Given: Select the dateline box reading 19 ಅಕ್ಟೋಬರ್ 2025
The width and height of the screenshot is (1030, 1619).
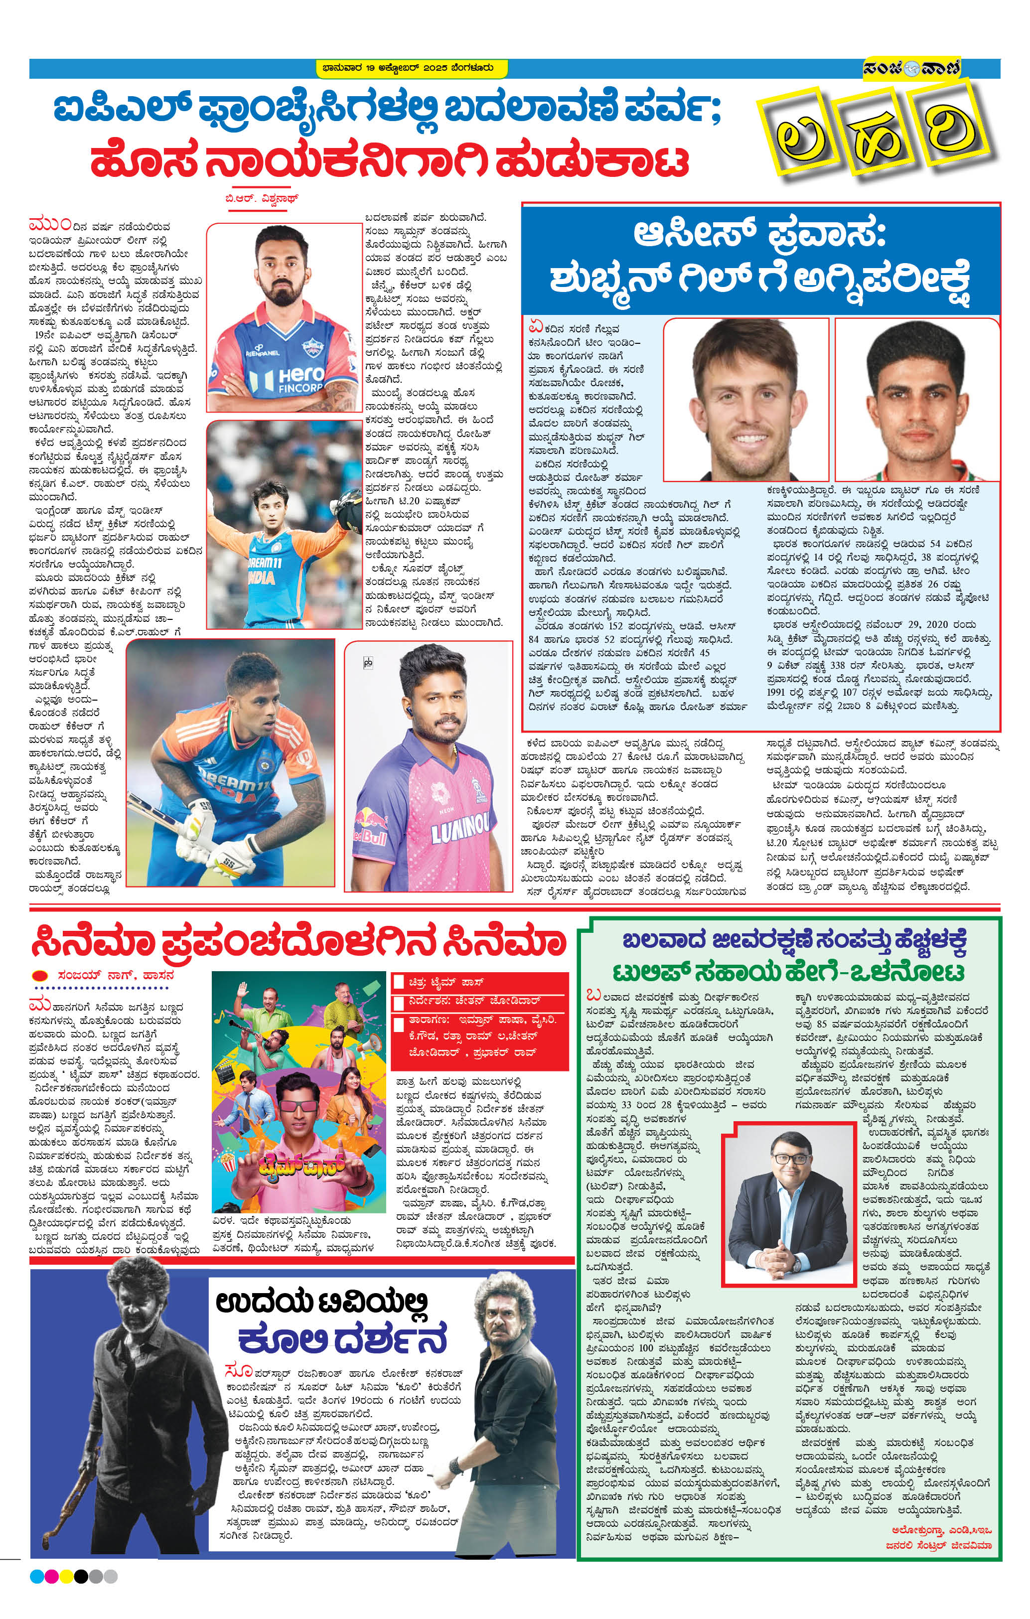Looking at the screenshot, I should coord(412,68).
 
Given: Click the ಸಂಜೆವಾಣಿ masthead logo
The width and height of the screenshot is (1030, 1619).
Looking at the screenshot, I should coord(912,67).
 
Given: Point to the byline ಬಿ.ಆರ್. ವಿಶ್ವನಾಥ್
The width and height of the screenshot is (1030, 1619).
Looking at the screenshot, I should coord(262,199).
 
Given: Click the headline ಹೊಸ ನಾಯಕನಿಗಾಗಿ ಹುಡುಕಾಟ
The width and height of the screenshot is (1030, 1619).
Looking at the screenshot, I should coord(390,162).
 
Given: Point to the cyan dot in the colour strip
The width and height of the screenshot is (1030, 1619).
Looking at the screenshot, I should coord(37,1577).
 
